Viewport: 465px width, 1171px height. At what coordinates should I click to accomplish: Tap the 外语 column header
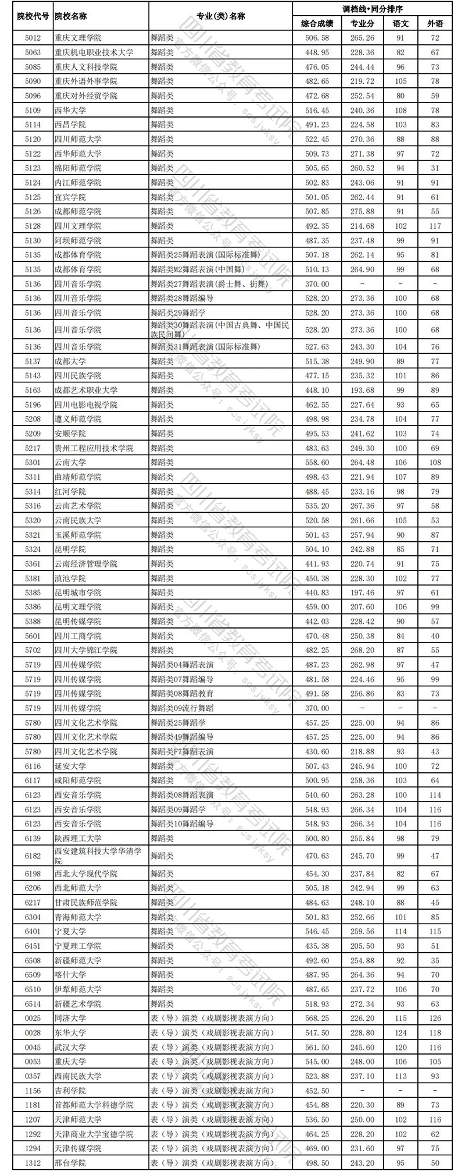click(435, 24)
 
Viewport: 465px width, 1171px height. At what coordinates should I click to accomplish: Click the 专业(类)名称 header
click(221, 16)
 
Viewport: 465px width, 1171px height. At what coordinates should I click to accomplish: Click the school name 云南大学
click(70, 462)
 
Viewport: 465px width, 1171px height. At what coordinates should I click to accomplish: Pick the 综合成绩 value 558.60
click(317, 462)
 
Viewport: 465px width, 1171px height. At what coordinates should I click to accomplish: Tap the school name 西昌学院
click(70, 125)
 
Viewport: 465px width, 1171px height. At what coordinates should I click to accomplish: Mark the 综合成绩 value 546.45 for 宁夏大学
click(317, 931)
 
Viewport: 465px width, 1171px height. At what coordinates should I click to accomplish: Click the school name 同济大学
click(70, 1018)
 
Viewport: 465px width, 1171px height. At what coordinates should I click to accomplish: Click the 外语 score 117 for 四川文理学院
click(435, 226)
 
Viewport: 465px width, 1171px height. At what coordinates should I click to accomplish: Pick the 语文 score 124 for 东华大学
click(400, 1032)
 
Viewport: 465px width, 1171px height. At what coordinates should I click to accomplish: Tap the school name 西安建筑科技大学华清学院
click(98, 856)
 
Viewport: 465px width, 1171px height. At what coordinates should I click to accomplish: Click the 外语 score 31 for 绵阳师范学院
click(435, 168)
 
